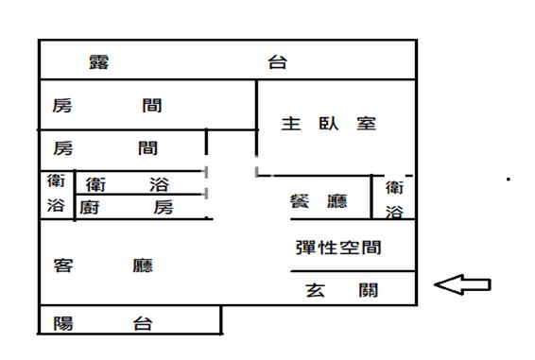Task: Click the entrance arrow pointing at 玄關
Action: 462,284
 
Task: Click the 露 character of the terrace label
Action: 99,63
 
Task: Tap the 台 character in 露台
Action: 277,63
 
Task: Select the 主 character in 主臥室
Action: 291,124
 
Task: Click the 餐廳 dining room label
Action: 318,201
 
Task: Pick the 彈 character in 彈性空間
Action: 305,248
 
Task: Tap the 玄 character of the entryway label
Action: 316,291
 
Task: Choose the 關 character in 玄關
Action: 369,291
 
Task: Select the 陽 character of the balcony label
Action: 63,323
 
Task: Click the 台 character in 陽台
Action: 143,323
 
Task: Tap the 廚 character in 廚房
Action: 92,207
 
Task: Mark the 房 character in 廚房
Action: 164,207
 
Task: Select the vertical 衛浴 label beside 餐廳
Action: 395,200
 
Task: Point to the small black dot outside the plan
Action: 509,179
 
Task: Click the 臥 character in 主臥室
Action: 329,124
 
